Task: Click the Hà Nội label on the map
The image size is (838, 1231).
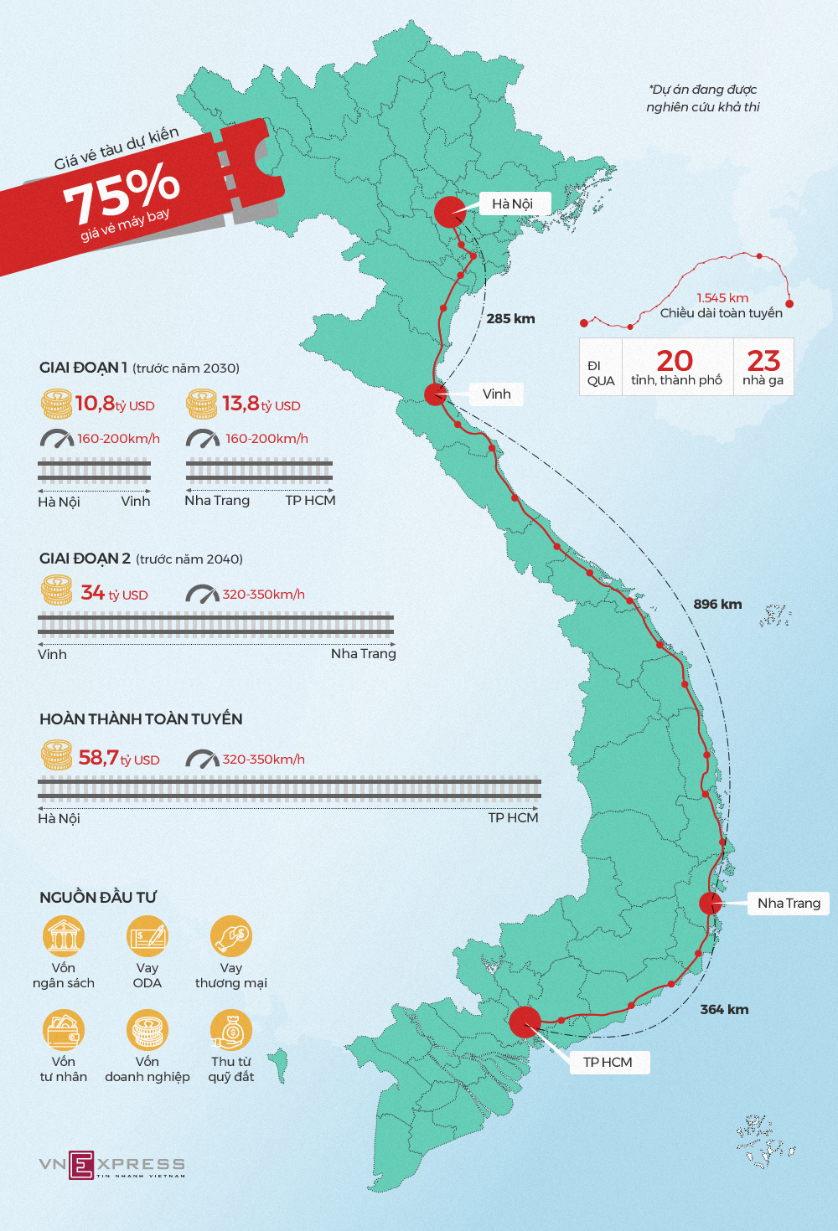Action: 512,204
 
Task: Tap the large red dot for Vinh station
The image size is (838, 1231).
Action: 435,394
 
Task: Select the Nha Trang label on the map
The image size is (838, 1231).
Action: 788,904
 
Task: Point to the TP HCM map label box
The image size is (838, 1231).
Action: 608,1063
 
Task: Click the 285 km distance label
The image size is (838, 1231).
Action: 510,319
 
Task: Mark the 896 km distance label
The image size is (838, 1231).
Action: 717,605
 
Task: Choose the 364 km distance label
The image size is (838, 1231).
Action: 724,1010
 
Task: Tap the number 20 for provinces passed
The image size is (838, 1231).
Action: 675,361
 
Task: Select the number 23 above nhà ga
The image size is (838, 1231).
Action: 763,361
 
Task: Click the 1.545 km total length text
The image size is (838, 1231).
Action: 722,298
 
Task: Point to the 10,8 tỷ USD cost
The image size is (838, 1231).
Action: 115,404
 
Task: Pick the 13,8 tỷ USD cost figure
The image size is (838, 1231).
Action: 261,404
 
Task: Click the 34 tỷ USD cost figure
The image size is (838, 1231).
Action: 114,594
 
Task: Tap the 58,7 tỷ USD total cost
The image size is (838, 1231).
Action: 118,759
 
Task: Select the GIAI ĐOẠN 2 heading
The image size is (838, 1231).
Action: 85,559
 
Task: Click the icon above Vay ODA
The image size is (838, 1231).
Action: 147,937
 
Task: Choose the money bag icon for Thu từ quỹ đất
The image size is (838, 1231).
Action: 231,1031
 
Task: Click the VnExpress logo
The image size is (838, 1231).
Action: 111,1165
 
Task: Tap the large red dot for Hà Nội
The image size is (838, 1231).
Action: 450,212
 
